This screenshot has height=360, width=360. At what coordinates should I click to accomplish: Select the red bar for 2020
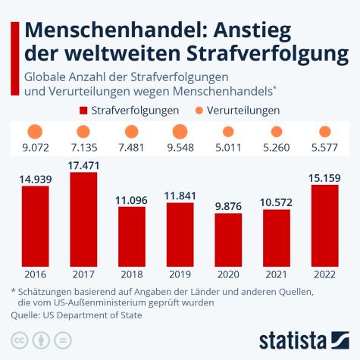pos(228,238)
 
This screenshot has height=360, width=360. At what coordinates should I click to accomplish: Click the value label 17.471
pos(83,164)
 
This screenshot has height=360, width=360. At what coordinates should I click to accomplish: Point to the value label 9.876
pos(228,205)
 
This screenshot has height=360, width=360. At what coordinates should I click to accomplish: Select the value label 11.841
pos(180,196)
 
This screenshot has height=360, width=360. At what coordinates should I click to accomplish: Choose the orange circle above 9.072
pos(35,132)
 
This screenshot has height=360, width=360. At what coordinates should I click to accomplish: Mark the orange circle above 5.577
pos(325,132)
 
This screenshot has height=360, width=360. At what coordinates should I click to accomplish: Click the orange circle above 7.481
pos(132,132)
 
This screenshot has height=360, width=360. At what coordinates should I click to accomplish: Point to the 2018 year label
pos(132,274)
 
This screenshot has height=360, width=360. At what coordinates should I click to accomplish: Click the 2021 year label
pos(277,274)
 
